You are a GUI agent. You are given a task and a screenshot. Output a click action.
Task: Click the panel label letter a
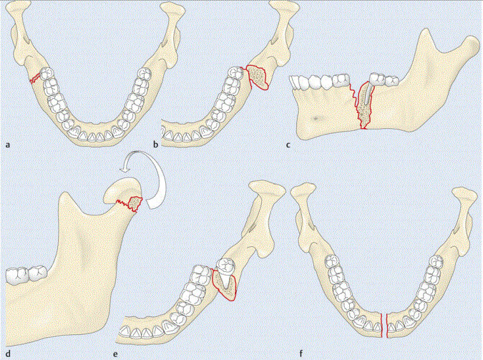tap(8, 145)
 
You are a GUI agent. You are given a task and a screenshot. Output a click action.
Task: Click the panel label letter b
tap(157, 145)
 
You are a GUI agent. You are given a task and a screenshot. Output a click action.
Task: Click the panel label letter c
tap(288, 145)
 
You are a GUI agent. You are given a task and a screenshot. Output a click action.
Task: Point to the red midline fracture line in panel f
tap(384, 324)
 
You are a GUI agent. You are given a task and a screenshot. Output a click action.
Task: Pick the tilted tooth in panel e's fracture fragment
tap(225, 271)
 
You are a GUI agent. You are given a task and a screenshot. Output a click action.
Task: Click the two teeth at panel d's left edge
tap(26, 273)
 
